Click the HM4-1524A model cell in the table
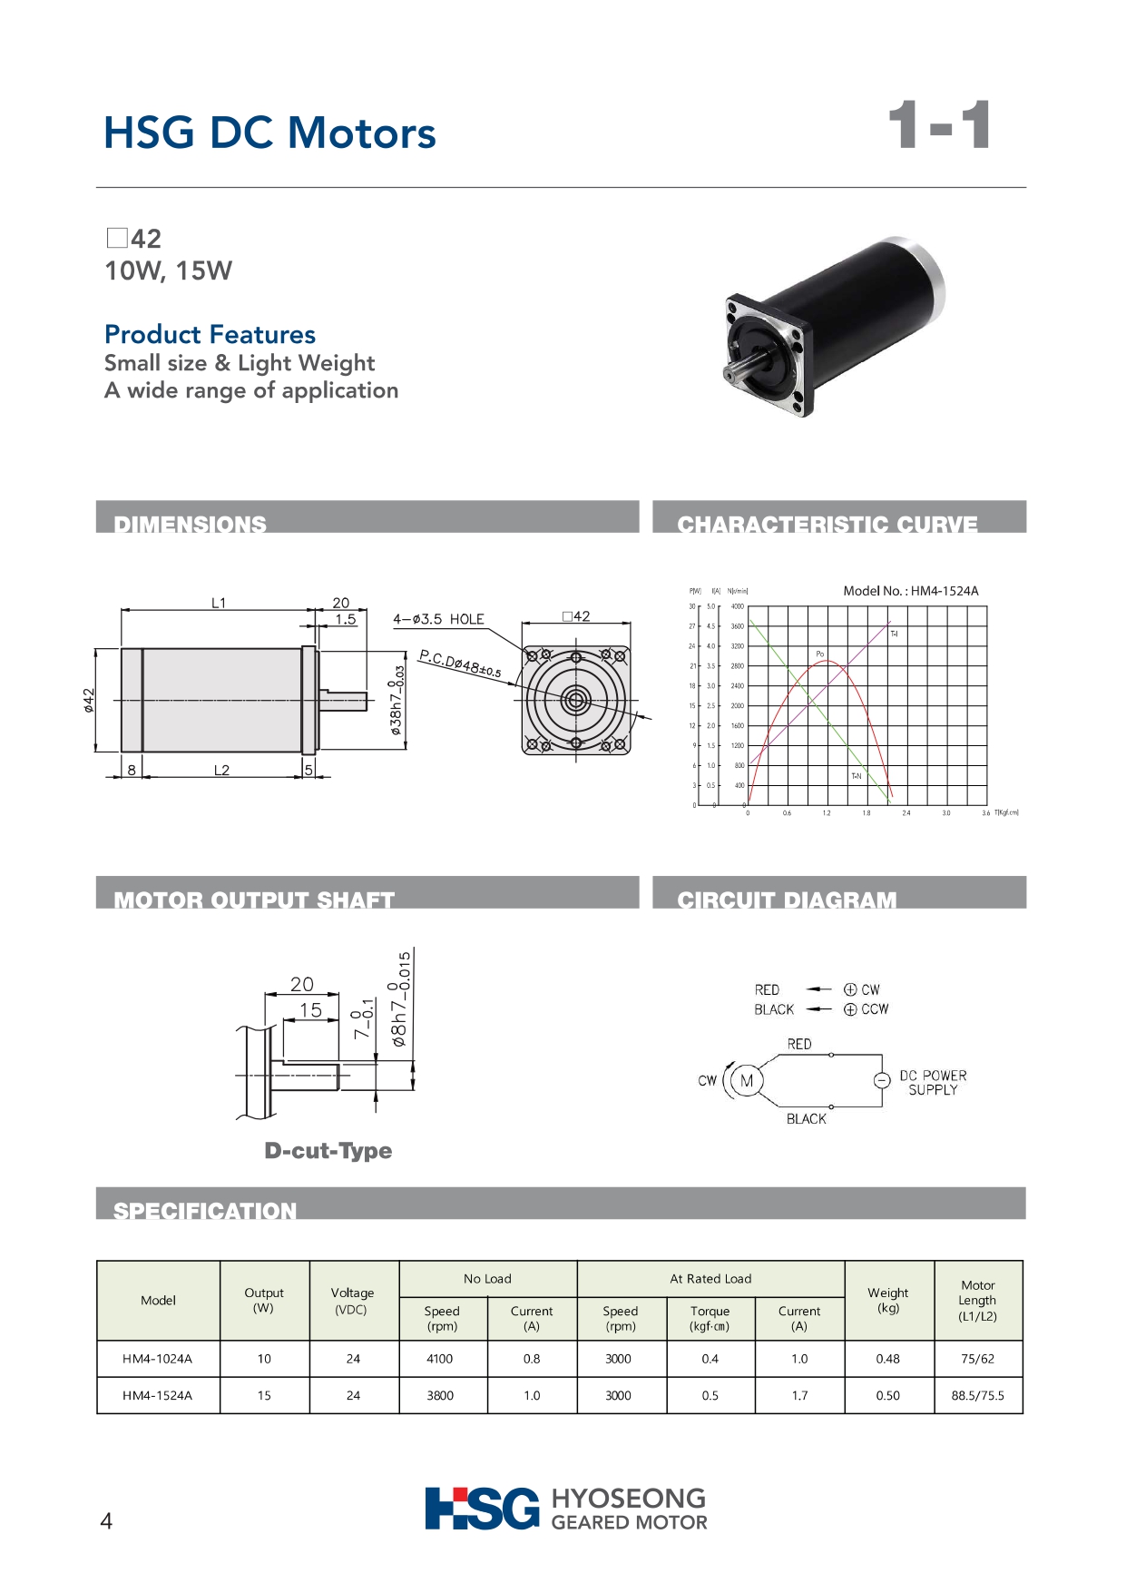tap(158, 1395)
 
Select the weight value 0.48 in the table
tap(887, 1359)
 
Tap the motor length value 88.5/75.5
tap(977, 1395)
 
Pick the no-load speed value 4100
tap(440, 1359)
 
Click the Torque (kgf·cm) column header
tap(710, 1318)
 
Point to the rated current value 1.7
tap(799, 1395)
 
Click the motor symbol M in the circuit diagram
tap(747, 1081)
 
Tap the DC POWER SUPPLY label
tap(933, 1082)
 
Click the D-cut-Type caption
tap(328, 1151)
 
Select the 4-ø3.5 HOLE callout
tap(438, 619)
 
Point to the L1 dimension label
tap(219, 603)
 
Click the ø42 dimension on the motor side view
tap(88, 700)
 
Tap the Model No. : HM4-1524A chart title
tap(911, 591)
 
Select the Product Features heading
tap(211, 334)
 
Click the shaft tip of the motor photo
tap(729, 374)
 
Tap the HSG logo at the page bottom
tap(482, 1509)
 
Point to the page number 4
tap(106, 1521)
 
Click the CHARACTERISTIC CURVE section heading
tap(827, 524)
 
